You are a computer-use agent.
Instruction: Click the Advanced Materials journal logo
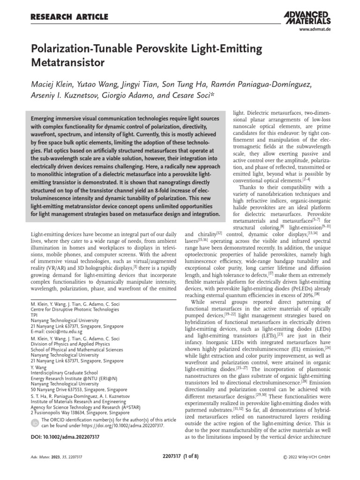[x=307, y=17]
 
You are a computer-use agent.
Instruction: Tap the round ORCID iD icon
[x=34, y=423]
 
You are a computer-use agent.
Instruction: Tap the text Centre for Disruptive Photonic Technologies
[x=74, y=309]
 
